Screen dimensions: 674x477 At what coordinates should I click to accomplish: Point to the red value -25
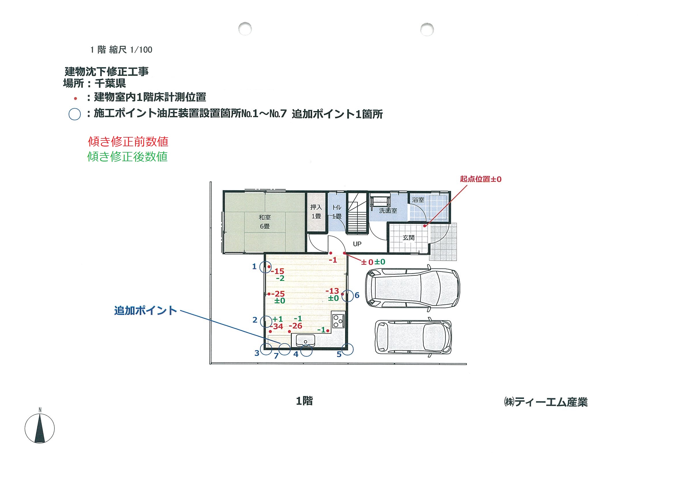point(278,294)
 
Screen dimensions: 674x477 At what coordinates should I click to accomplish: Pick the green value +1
point(278,319)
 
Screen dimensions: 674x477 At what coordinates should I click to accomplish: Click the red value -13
point(332,291)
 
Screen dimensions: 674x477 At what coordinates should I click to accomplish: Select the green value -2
point(280,278)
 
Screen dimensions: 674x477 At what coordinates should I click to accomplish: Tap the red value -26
point(295,326)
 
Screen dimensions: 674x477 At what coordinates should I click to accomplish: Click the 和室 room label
point(264,217)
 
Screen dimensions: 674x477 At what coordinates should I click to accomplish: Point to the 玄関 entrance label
point(408,237)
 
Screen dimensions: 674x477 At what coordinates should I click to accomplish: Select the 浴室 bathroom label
point(418,200)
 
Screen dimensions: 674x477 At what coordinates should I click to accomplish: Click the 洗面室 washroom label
point(388,211)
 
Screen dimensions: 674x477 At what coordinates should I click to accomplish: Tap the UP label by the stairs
point(357,244)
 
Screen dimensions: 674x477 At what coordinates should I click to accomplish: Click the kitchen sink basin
point(306,341)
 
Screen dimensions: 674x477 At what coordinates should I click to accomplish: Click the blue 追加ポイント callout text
point(146,310)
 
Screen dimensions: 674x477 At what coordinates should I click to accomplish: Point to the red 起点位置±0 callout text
point(480,179)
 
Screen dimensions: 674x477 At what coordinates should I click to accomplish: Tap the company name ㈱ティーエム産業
point(546,402)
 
